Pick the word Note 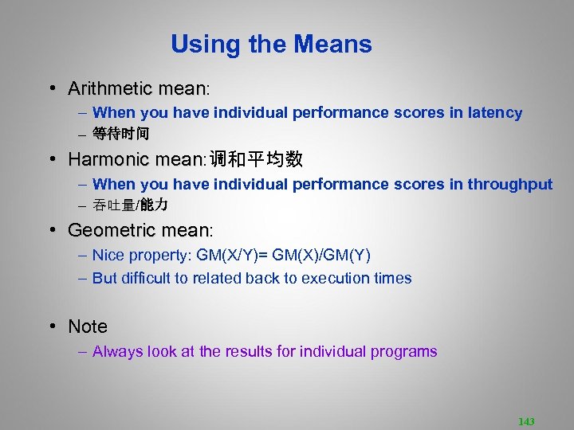[88, 326]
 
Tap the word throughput [509, 185]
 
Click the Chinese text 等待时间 [120, 134]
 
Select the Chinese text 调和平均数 [256, 159]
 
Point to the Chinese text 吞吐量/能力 [130, 205]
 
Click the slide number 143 [526, 421]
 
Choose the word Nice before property [108, 256]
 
